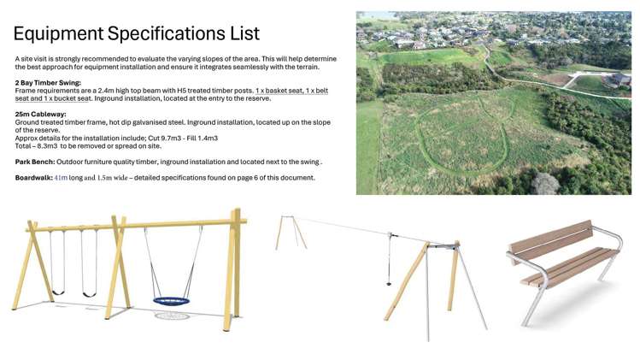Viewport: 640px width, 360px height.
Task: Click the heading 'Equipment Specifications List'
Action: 137,33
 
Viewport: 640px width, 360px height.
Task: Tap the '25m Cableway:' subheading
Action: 40,114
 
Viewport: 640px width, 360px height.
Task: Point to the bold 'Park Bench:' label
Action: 38,162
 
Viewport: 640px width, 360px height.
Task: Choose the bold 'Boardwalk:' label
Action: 33,178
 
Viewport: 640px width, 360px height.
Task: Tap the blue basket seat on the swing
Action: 173,300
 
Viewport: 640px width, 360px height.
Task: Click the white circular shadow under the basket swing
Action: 173,316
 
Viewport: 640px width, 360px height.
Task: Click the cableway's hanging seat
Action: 389,282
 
